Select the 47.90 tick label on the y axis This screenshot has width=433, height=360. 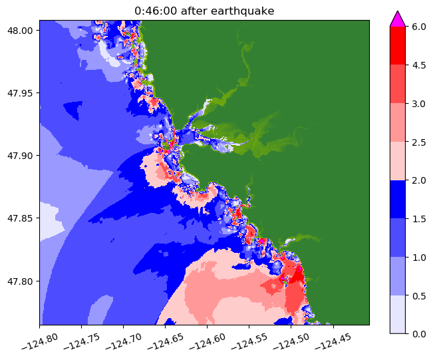[x=21, y=155]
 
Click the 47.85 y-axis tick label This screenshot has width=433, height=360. [x=21, y=218]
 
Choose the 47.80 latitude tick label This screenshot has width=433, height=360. [x=21, y=280]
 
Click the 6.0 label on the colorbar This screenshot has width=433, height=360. [x=419, y=27]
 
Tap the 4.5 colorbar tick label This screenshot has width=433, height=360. [x=419, y=65]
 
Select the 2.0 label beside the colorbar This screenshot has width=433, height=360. [x=419, y=180]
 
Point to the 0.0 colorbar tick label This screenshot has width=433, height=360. [x=419, y=333]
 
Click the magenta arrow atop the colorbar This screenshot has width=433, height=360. [x=397, y=19]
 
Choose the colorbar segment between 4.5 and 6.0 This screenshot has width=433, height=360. [x=397, y=45]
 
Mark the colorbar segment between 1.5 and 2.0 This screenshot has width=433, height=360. [x=397, y=199]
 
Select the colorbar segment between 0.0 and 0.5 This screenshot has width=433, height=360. [x=397, y=313]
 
